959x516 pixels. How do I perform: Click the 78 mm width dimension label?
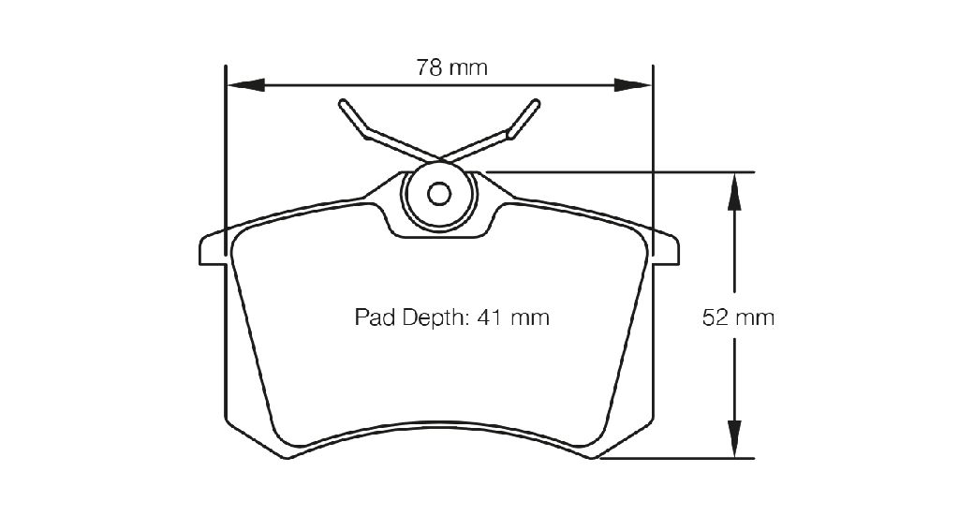[x=452, y=67]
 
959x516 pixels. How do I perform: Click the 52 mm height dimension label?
[x=738, y=317]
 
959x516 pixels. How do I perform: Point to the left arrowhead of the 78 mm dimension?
[x=246, y=85]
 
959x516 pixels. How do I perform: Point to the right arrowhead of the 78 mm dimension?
[x=632, y=85]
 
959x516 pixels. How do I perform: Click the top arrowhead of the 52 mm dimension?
[x=734, y=191]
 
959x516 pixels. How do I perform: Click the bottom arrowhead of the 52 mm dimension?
[x=734, y=438]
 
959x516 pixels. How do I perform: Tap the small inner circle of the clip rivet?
[x=439, y=195]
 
